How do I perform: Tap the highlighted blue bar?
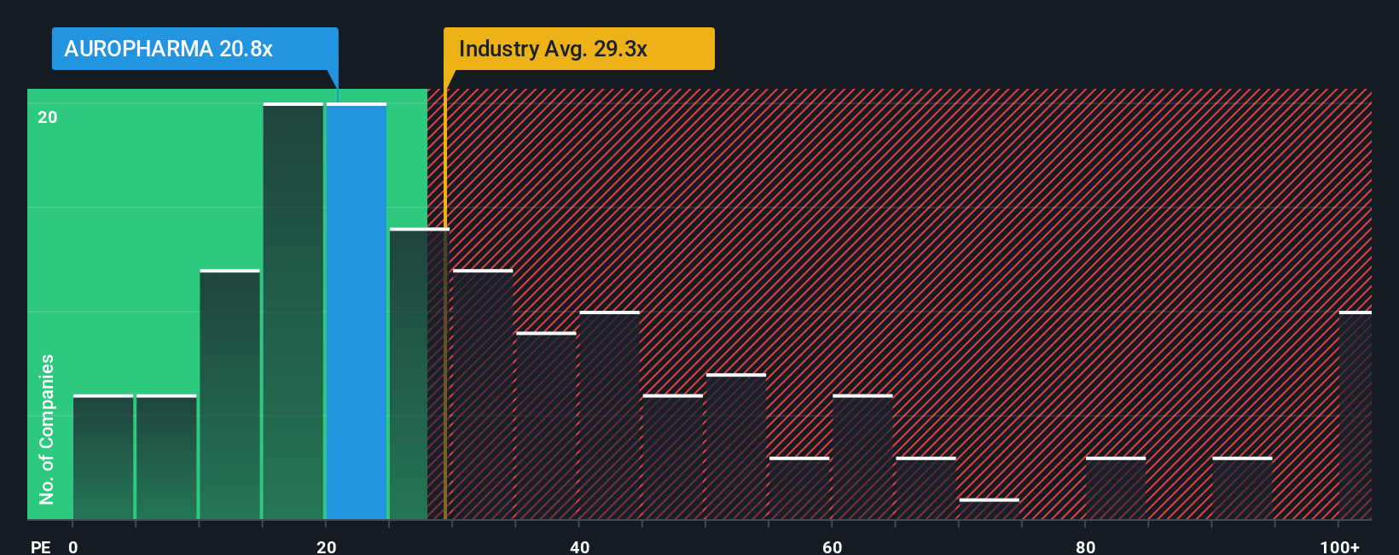[x=357, y=312]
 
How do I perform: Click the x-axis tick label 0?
[x=73, y=546]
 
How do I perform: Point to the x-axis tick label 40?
[x=579, y=546]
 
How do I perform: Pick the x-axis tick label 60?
[x=832, y=546]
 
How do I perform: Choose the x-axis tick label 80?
[x=1085, y=546]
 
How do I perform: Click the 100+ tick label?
[x=1339, y=546]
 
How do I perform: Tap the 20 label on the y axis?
[x=48, y=117]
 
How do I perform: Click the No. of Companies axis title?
[x=47, y=429]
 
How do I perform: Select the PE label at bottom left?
[x=40, y=546]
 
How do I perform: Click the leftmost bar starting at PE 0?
[x=103, y=457]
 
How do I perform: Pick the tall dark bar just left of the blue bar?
[x=293, y=312]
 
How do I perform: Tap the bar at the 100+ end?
[x=1355, y=416]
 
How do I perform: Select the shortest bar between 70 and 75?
[x=989, y=509]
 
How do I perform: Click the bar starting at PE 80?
[x=1116, y=488]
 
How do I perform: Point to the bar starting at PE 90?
[x=1242, y=488]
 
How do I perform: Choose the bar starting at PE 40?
[x=610, y=416]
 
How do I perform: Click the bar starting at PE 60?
[x=862, y=457]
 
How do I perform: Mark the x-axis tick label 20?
[x=326, y=546]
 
